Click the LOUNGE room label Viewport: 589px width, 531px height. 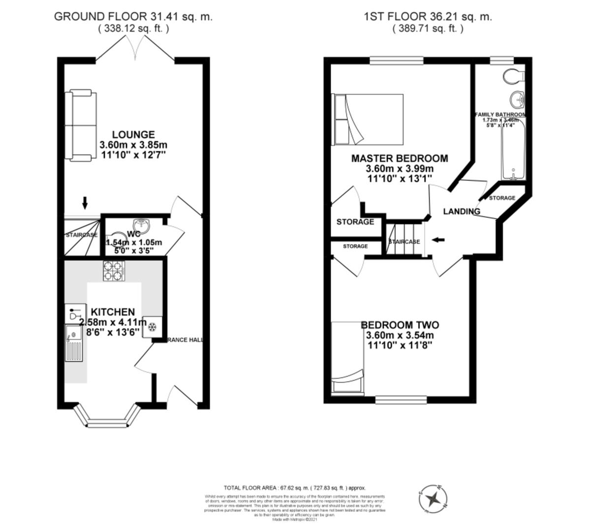(x=133, y=135)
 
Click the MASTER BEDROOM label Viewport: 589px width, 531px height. (x=400, y=158)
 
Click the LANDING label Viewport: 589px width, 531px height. (x=462, y=211)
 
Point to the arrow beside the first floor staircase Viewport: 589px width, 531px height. (x=437, y=240)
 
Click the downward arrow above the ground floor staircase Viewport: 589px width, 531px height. (x=85, y=202)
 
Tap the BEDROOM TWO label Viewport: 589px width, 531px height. (x=400, y=325)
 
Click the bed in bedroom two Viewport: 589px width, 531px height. (x=348, y=357)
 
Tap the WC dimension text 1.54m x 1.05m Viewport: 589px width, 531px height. (x=134, y=242)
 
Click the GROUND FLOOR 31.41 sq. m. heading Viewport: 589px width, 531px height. (x=133, y=16)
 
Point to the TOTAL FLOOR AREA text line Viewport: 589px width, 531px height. (x=295, y=488)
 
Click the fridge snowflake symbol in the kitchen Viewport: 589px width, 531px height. (x=152, y=327)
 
